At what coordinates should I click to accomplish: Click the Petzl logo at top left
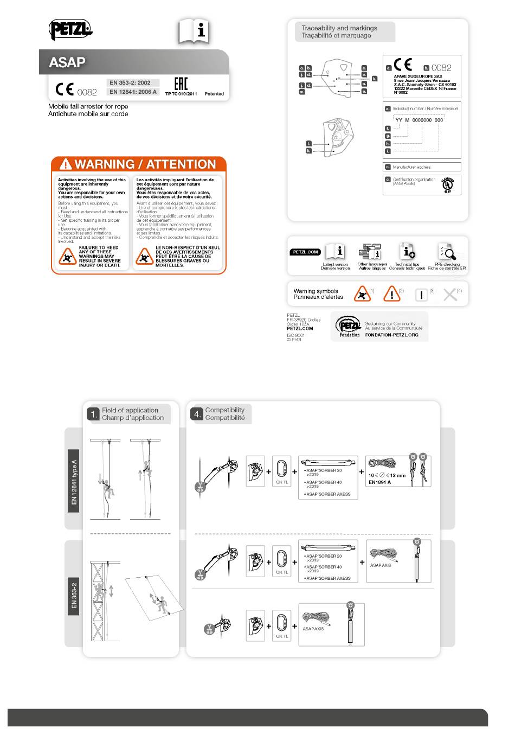(x=70, y=29)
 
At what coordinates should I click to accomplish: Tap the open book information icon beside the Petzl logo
(x=194, y=32)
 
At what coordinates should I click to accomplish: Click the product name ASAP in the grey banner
(x=67, y=62)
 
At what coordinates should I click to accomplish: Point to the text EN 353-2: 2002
(x=130, y=82)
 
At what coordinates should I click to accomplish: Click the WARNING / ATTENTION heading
(x=139, y=164)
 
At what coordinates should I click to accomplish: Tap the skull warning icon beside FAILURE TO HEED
(x=67, y=256)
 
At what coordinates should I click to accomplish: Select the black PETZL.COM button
(x=306, y=252)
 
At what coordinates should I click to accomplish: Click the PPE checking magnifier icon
(x=447, y=252)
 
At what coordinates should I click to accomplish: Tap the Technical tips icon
(x=407, y=252)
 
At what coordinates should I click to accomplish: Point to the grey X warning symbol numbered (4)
(x=450, y=295)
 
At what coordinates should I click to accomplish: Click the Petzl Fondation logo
(x=349, y=326)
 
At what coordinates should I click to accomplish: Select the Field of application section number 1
(x=93, y=414)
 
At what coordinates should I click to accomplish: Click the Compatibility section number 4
(x=196, y=414)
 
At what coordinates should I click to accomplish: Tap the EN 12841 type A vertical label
(x=74, y=481)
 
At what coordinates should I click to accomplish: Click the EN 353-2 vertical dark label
(x=74, y=596)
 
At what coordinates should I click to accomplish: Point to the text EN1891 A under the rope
(x=379, y=482)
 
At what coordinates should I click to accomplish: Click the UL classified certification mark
(x=447, y=184)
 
